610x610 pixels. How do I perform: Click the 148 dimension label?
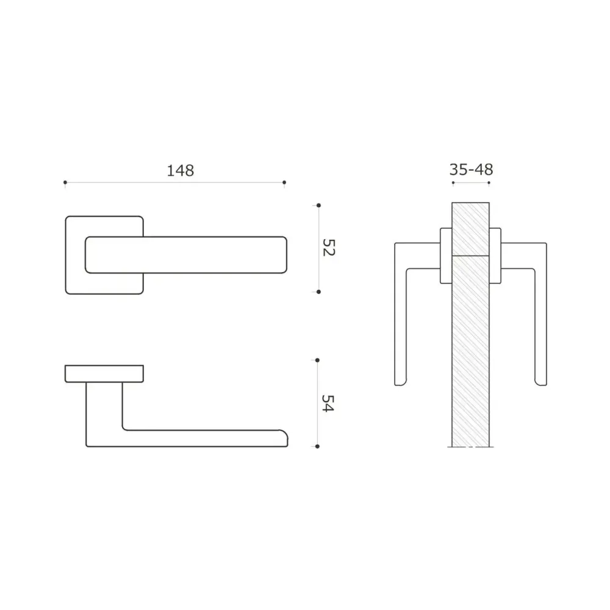pyautogui.click(x=180, y=171)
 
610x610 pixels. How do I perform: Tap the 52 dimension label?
pyautogui.click(x=329, y=248)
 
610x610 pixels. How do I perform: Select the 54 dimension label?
pyautogui.click(x=328, y=403)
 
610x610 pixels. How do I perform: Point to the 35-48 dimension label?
pyautogui.click(x=471, y=170)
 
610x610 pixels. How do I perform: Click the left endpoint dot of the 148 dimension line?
pyautogui.click(x=65, y=182)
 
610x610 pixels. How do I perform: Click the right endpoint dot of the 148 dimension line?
pyautogui.click(x=284, y=182)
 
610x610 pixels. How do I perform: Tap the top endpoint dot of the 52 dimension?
pyautogui.click(x=318, y=206)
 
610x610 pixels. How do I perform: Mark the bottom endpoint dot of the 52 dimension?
pyautogui.click(x=318, y=292)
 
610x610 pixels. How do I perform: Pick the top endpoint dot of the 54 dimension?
pyautogui.click(x=317, y=361)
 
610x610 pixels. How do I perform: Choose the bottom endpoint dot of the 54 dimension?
pyautogui.click(x=317, y=447)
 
